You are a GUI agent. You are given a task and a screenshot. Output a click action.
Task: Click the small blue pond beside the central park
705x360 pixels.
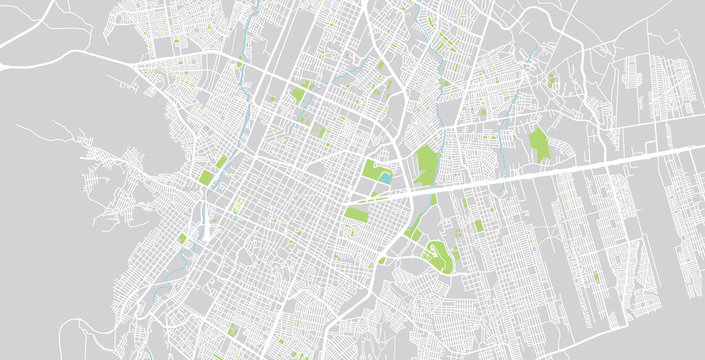[384, 179]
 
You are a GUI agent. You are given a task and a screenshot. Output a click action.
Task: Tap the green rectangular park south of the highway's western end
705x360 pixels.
[356, 213]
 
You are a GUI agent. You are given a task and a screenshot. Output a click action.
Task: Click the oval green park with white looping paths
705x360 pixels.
[438, 257]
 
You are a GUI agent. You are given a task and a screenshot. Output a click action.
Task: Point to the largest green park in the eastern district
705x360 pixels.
[540, 145]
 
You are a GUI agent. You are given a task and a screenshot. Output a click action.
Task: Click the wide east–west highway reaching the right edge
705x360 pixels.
[600, 162]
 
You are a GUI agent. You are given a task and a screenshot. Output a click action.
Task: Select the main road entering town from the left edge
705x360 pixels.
[60, 65]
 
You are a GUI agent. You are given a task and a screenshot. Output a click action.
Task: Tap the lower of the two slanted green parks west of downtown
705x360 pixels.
[207, 178]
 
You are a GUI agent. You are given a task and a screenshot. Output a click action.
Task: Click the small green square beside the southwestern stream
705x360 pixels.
[182, 238]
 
